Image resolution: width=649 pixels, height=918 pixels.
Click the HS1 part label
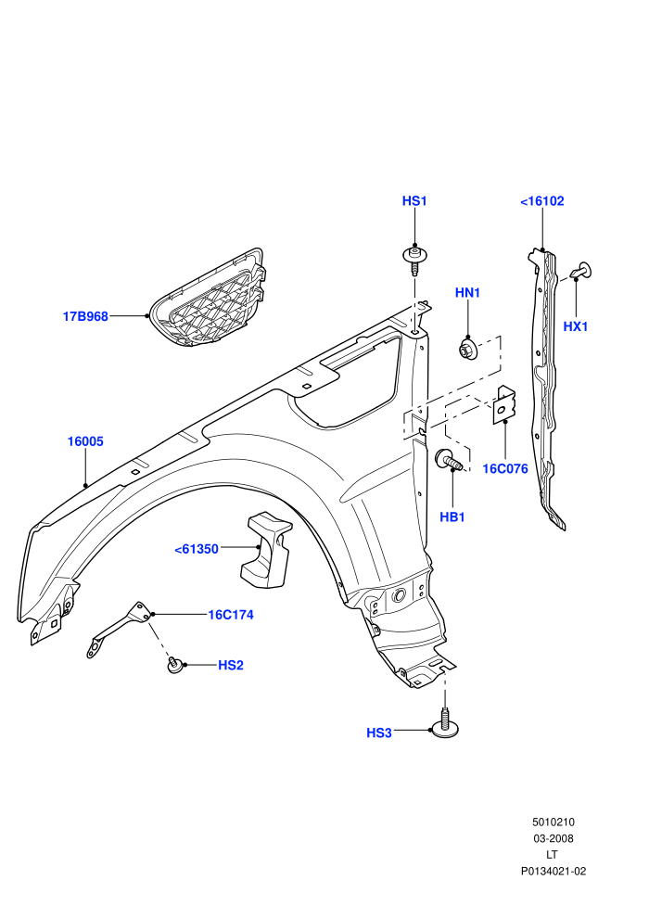414,201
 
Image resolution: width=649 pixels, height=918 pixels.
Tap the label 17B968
85,317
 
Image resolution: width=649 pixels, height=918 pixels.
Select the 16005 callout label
85,441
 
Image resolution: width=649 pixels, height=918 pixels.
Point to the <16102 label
541,201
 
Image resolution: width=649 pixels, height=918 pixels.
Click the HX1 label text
575,326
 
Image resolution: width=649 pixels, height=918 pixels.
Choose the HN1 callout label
467,293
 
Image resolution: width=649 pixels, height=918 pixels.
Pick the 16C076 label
505,469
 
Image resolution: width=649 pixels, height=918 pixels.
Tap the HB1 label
452,517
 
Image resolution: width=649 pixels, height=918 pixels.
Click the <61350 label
197,549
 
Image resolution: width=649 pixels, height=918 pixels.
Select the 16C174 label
231,615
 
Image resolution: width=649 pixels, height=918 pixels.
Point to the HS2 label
231,665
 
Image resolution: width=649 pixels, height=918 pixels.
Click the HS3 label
378,733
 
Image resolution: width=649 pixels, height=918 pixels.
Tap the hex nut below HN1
467,349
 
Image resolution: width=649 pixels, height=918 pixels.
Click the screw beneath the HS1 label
415,260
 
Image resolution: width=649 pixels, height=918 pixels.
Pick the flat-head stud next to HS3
445,722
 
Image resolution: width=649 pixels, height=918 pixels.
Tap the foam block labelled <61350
266,550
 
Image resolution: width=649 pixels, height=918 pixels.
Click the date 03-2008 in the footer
553,838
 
